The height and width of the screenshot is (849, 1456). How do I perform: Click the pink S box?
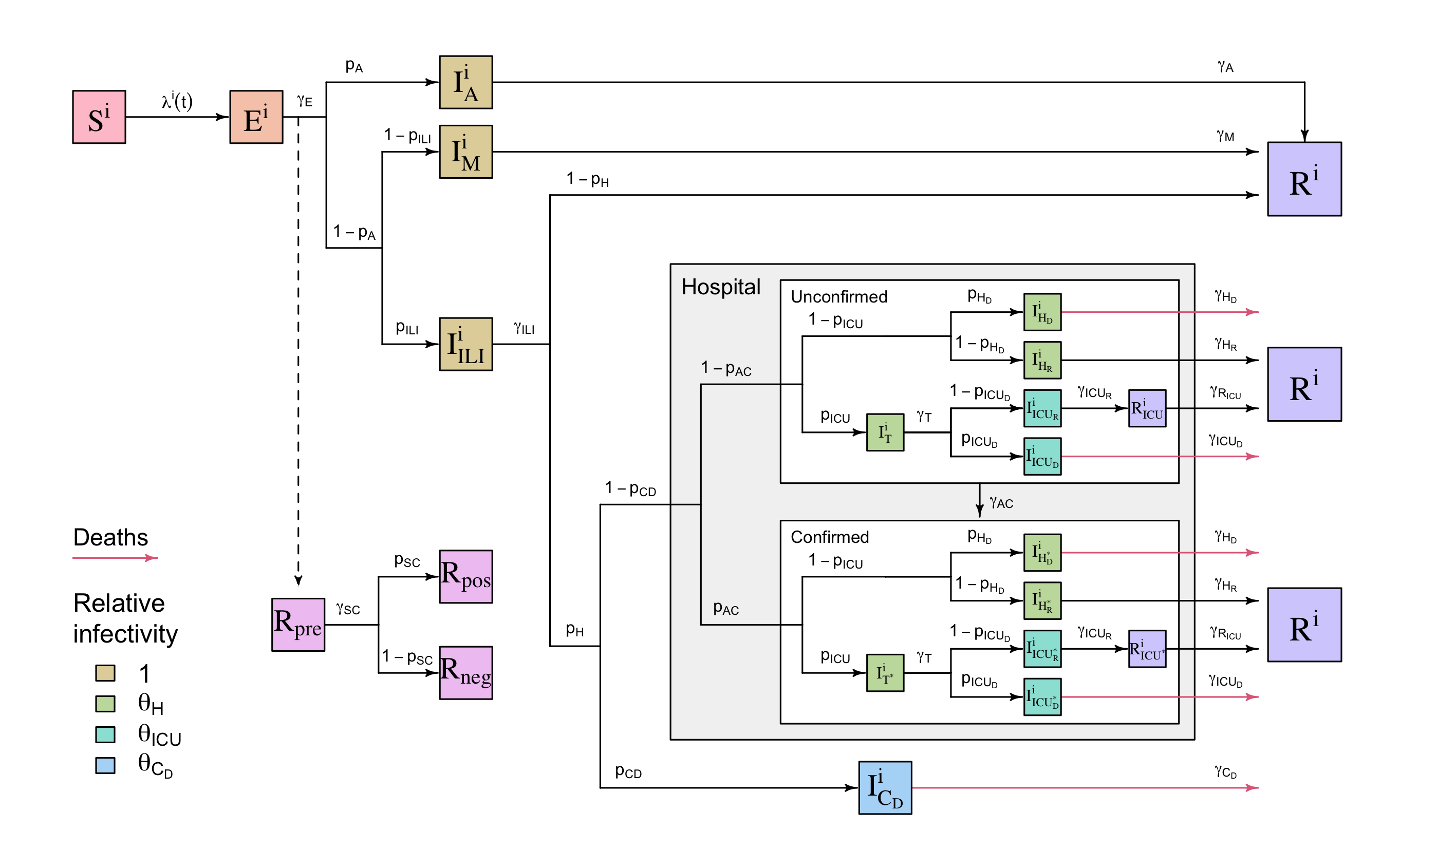[x=99, y=117]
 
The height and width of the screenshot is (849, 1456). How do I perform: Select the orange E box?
[x=256, y=117]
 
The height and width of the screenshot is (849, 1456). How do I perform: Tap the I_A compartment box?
[x=465, y=82]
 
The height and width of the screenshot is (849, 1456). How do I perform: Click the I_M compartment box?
[x=465, y=152]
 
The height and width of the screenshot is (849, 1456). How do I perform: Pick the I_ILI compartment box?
[x=465, y=344]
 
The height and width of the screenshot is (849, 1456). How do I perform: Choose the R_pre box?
[x=298, y=625]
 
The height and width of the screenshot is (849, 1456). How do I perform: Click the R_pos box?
[x=465, y=576]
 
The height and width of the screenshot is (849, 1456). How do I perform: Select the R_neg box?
[x=465, y=673]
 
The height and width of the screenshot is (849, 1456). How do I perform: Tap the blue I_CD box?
[x=885, y=788]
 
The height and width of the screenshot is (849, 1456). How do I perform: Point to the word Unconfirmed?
[x=839, y=297]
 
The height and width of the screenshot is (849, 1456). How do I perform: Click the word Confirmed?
[x=830, y=537]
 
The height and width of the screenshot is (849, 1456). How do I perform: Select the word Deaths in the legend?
[x=110, y=538]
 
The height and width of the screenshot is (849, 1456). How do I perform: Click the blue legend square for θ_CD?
[x=105, y=765]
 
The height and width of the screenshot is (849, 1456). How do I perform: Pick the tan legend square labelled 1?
[x=105, y=673]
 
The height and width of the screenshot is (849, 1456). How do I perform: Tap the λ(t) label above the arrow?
[x=177, y=101]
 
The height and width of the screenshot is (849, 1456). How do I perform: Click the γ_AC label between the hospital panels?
[x=1001, y=502]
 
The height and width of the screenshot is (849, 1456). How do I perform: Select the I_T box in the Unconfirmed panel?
[x=885, y=432]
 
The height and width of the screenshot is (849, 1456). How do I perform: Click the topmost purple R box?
[x=1304, y=179]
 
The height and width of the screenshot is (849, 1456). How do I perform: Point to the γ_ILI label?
[x=524, y=329]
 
